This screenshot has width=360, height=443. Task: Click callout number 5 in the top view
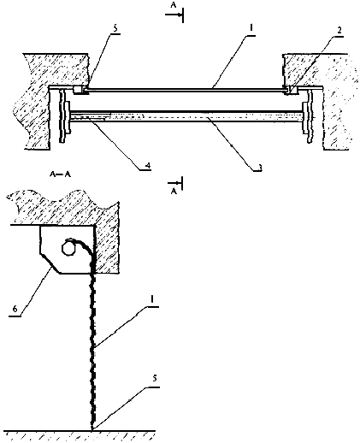coord(115,28)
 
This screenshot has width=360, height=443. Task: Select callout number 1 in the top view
coord(251,28)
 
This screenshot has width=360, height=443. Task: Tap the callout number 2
coord(339,31)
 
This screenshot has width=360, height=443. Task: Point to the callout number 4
coord(148,166)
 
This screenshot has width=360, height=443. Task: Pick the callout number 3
coord(259,167)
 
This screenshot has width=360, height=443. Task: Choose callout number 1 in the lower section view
coord(152,299)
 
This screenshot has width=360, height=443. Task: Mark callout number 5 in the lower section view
coord(154,379)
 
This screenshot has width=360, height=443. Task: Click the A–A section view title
coord(60,174)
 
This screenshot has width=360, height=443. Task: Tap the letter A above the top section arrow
coord(174,5)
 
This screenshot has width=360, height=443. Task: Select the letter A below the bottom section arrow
coord(174,192)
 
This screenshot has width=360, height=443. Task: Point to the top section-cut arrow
coord(173,15)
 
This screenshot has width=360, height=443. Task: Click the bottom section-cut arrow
coord(174,182)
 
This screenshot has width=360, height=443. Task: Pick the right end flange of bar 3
coord(307,117)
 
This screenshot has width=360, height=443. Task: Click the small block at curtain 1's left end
coord(78,90)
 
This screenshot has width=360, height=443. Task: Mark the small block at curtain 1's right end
coord(293,90)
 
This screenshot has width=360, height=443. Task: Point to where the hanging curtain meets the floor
coord(92,429)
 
